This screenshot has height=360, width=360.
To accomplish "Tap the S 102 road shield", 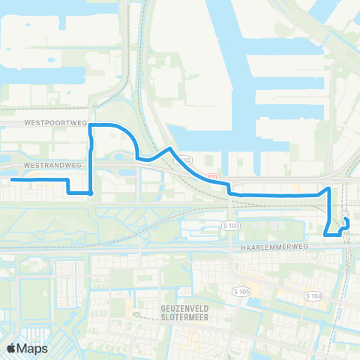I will [184, 160].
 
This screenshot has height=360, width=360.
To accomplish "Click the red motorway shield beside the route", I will [213, 178].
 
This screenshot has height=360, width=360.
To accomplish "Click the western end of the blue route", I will [12, 180].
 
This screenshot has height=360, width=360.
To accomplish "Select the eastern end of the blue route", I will [346, 219].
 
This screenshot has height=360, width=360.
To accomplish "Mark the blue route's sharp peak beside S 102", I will [171, 149].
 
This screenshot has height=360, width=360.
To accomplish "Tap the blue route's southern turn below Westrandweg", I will [91, 193].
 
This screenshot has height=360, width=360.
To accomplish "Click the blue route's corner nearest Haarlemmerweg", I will [325, 235].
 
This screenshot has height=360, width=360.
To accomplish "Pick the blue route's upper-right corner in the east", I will [328, 187].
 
